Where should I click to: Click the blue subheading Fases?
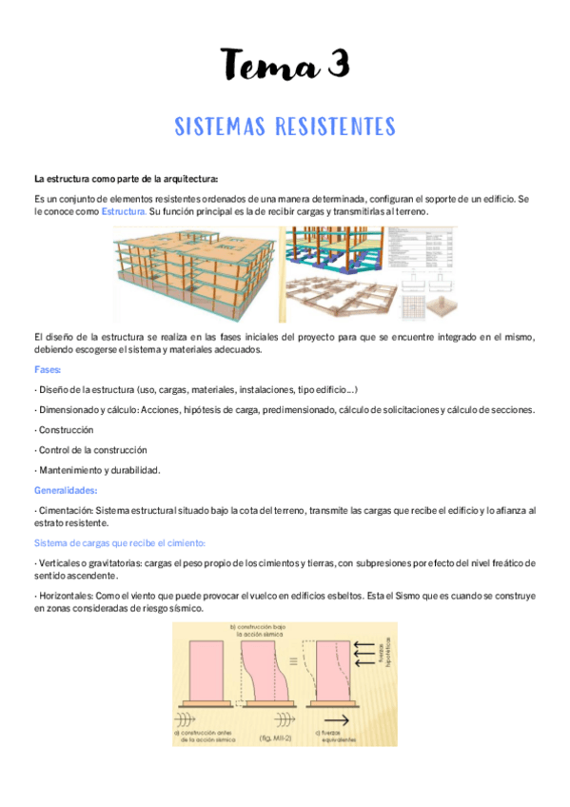pyautogui.click(x=48, y=369)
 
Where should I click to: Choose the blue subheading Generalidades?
pyautogui.click(x=66, y=491)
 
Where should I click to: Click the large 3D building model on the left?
pyautogui.click(x=190, y=274)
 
